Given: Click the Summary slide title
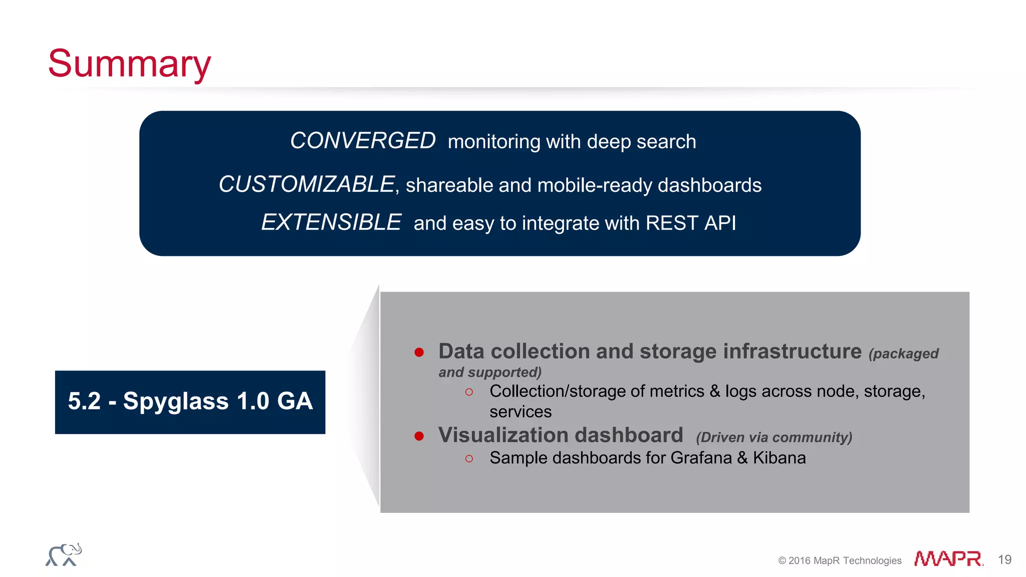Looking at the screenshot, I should [129, 64].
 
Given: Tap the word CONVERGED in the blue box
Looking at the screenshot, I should [363, 141].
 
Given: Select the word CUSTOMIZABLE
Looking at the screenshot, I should [307, 184].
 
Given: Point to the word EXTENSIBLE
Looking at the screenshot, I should [331, 222].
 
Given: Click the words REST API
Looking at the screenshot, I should [690, 223].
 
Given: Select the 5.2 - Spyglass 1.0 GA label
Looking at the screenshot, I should [190, 402].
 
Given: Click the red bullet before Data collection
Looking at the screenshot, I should [419, 353].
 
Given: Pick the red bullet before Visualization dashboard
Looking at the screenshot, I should [419, 436].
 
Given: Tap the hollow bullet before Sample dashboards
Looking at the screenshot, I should [469, 459].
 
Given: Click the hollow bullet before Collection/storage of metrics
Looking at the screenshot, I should [469, 392].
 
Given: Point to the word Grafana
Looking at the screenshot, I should [701, 458].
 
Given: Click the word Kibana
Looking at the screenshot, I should [779, 458].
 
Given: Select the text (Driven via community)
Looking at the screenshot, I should [774, 437].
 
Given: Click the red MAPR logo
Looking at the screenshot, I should [948, 558].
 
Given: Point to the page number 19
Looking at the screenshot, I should [1004, 559].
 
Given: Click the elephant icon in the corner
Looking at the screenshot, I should [64, 555].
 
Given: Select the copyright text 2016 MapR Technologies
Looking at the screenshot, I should [840, 560].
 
